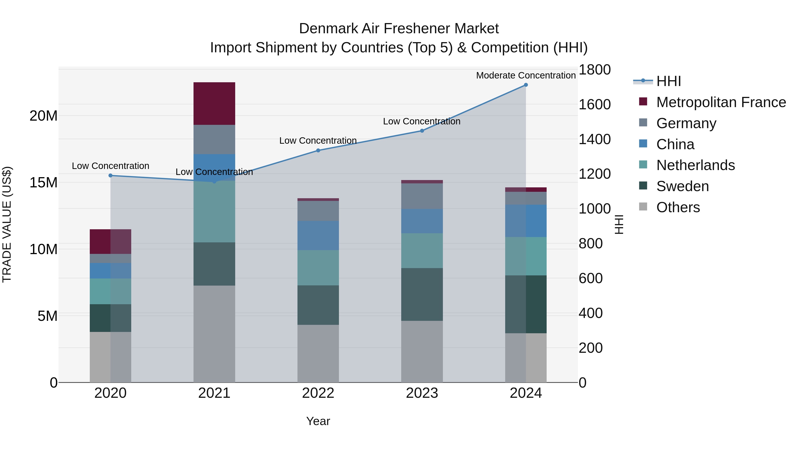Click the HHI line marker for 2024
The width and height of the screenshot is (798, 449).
[x=526, y=85]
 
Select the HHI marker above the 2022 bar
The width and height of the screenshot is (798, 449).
[x=318, y=151]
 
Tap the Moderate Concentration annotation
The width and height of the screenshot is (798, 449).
[x=526, y=75]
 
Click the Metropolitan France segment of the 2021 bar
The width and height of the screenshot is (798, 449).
[x=214, y=104]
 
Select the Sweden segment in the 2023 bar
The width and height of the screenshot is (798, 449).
[x=422, y=294]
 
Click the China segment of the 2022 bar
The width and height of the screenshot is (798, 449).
[x=318, y=235]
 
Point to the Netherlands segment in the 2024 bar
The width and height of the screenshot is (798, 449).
[x=526, y=256]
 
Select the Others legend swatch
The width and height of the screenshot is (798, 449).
[x=643, y=207]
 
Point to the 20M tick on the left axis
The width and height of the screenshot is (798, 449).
[x=43, y=116]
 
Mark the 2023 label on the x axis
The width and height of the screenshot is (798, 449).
[x=422, y=393]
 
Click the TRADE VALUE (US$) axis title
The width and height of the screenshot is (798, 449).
[x=7, y=224]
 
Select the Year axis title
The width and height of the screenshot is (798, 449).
[x=318, y=421]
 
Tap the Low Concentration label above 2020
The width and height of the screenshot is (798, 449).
[x=111, y=166]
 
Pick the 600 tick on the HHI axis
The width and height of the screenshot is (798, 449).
[x=591, y=278]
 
